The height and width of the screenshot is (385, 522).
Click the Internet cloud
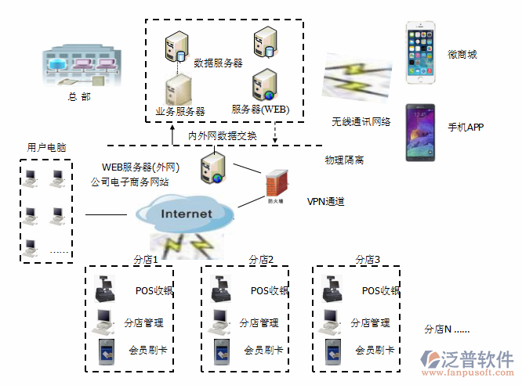[185, 213]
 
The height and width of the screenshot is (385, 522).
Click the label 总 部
[79, 97]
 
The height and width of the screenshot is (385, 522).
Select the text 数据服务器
[218, 62]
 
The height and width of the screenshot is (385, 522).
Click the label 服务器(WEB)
[260, 109]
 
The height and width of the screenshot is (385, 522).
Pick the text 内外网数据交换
[222, 135]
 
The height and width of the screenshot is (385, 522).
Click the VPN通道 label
[325, 201]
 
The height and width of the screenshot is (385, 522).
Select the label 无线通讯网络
[361, 122]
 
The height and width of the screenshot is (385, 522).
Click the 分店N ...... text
[446, 329]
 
